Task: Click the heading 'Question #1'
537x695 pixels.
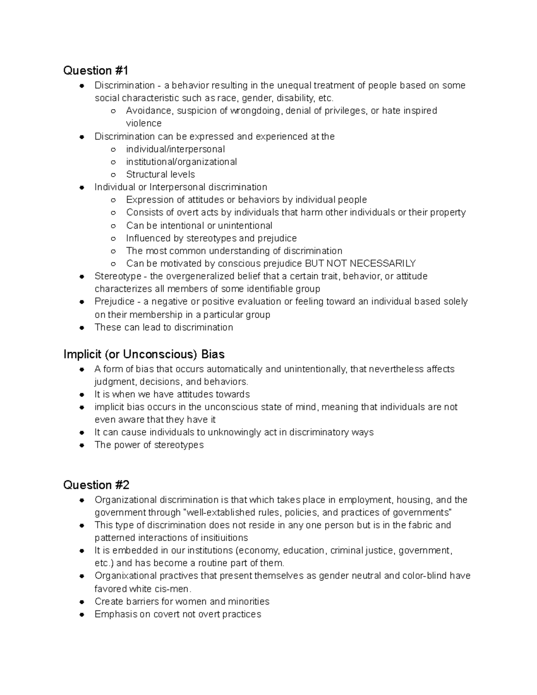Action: click(96, 71)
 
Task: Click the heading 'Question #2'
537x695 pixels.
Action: click(96, 485)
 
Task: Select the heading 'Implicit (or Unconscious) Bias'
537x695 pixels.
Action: click(144, 354)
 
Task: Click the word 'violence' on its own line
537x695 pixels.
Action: click(144, 123)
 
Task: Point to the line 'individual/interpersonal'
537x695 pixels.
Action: click(175, 149)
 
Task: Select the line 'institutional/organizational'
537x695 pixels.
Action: click(181, 162)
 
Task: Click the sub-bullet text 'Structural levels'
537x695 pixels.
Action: click(160, 174)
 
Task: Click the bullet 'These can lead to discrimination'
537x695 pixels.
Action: click(163, 327)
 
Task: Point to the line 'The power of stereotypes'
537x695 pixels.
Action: click(149, 445)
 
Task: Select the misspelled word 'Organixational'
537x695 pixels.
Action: click(125, 576)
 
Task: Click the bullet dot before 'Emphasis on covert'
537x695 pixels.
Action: click(82, 614)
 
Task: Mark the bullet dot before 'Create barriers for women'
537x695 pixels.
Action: click(82, 602)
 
